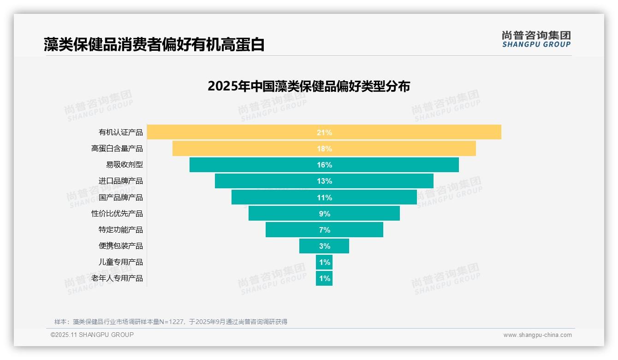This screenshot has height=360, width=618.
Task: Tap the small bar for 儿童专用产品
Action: point(324,262)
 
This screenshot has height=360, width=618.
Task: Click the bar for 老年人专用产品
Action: point(324,278)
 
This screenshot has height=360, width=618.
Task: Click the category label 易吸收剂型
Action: point(125,165)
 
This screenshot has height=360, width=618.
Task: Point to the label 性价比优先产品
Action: point(117,214)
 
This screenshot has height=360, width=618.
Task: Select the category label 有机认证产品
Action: point(121,132)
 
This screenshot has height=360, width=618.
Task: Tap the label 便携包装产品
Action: point(121,246)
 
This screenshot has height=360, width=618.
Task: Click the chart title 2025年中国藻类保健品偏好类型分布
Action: point(309,86)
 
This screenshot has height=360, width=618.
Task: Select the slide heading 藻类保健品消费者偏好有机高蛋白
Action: point(154,44)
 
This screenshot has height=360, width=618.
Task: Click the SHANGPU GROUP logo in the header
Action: point(536,39)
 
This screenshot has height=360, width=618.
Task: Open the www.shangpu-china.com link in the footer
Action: point(537,335)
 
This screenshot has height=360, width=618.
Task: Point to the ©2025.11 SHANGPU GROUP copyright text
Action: point(92,335)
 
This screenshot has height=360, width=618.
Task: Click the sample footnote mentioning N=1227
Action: point(171,322)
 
